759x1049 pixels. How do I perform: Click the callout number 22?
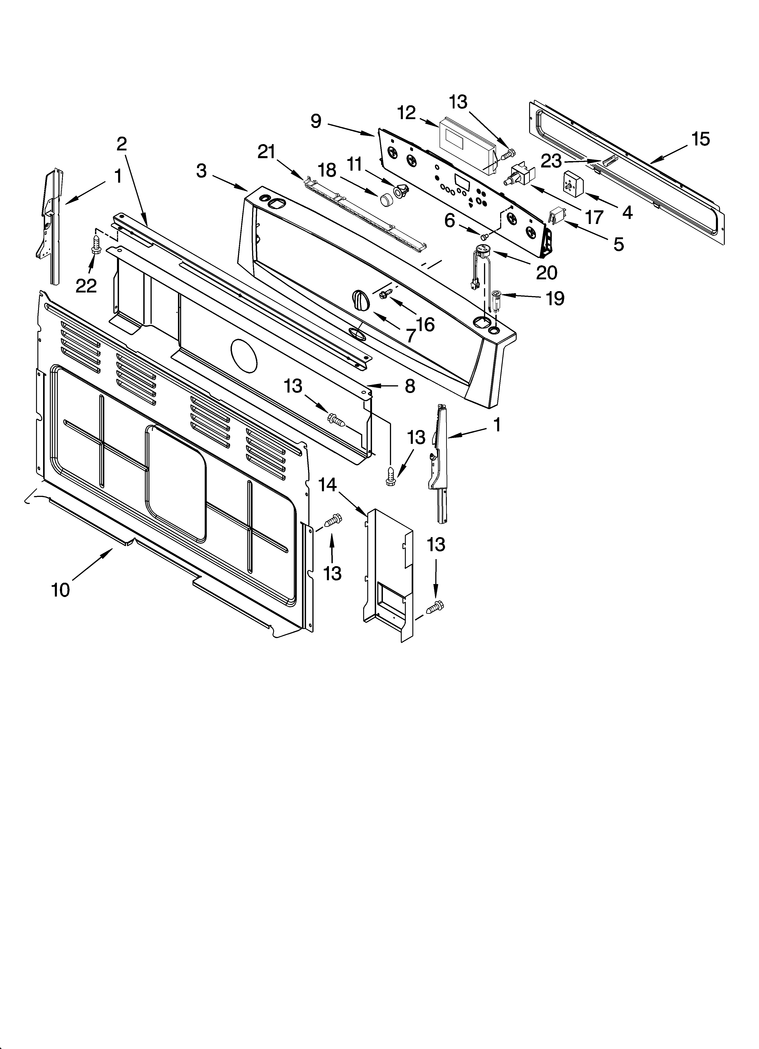coord(86,286)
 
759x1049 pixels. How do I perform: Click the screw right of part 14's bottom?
coord(435,606)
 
